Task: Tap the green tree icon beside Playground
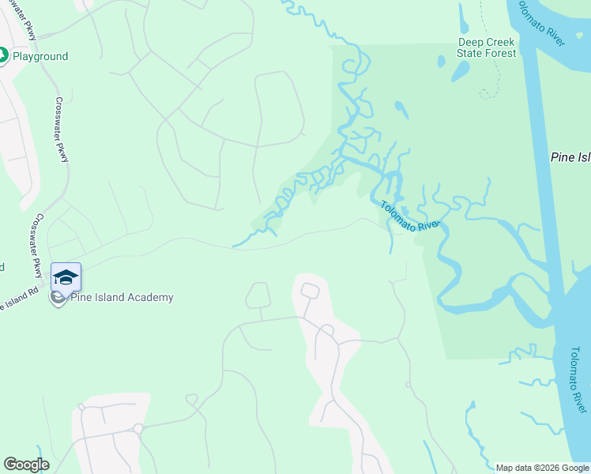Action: pos(2,56)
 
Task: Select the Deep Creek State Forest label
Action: pos(486,47)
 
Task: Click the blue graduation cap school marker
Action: pos(66,277)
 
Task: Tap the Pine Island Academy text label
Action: pos(121,298)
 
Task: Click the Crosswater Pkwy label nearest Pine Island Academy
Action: pos(36,246)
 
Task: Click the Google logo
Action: pos(26,465)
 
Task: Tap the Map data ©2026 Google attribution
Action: pos(543,468)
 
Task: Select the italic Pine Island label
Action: pos(570,158)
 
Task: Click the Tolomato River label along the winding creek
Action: pos(408,216)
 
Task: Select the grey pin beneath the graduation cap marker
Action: pos(56,299)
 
